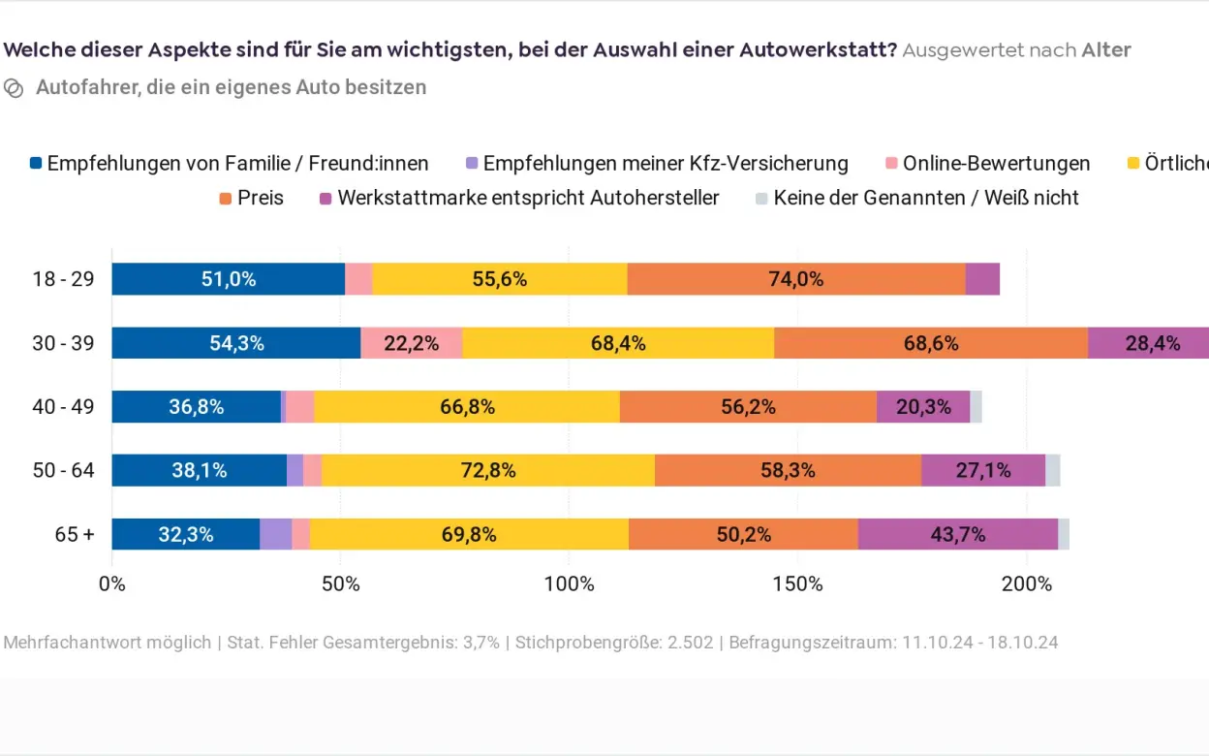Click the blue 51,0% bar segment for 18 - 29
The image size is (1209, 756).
coord(228,279)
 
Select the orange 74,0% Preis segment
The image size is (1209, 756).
coord(795,279)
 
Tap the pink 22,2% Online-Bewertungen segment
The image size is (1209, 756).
coord(411,343)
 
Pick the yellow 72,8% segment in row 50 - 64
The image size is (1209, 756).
coord(487,471)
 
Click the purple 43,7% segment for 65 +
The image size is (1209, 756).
coord(957,534)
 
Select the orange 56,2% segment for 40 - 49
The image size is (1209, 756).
coord(748,407)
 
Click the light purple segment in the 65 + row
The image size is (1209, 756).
coord(275,534)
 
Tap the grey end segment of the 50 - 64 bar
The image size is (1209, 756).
coord(1052,471)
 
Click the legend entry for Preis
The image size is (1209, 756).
coord(251,198)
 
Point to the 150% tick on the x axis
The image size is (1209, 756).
coord(797,583)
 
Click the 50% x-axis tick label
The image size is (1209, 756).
coord(340,583)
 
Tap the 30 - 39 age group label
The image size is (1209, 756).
coord(63,343)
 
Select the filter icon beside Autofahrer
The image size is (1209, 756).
coord(14,88)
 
